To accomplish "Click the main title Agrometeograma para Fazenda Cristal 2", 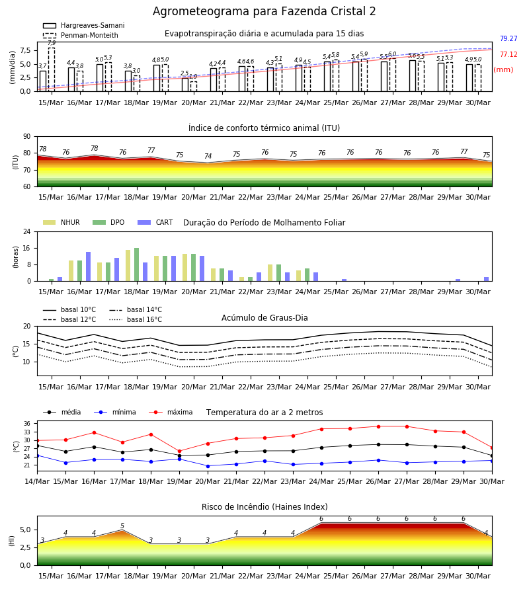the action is point(264,11).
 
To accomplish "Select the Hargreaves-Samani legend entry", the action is point(84,25).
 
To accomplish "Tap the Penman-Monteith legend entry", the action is point(81,35).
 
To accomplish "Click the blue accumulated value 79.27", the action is point(509,39).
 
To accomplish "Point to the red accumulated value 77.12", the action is point(509,55).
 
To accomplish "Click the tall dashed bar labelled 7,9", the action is point(52,69).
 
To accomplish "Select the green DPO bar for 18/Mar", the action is point(137,264).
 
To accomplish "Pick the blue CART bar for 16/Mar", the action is point(89,266).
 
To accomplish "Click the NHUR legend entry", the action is point(61,222).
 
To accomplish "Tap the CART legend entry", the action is point(155,222).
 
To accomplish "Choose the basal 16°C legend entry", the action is point(136,319).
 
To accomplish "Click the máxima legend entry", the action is point(171,412).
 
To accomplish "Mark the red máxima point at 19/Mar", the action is point(179,451).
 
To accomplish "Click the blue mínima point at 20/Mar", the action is point(208,466).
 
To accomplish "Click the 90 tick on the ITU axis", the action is point(26,137).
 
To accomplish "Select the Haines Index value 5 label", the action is point(122,526).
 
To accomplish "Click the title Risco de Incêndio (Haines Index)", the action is point(264,507).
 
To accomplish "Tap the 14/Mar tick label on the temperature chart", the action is point(37,481).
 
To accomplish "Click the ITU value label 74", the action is point(208,156).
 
